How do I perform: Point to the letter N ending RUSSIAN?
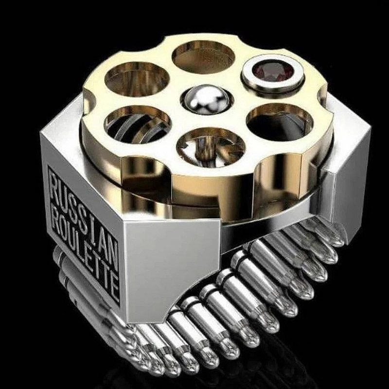(113, 248)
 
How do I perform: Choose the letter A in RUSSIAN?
(103, 236)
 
